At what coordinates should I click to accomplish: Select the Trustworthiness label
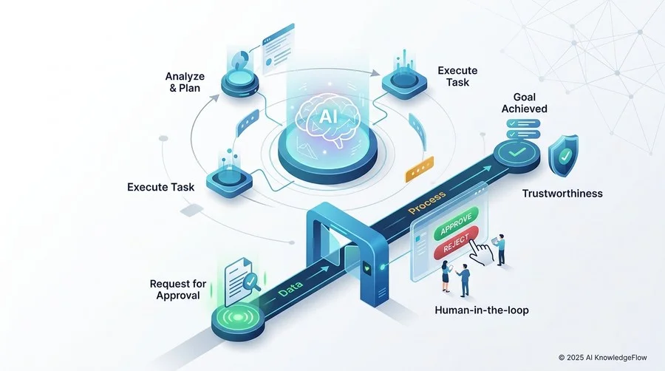(x=562, y=194)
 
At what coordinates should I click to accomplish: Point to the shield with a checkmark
(x=563, y=156)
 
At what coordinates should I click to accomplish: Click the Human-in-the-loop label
(x=482, y=310)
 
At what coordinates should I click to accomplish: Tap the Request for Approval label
(x=178, y=290)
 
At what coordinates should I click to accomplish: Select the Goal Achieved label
(x=524, y=103)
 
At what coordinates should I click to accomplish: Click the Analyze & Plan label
(x=185, y=82)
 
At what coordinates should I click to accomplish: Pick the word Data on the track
(x=290, y=288)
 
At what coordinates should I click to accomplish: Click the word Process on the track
(x=426, y=202)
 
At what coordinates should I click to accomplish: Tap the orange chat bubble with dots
(x=420, y=169)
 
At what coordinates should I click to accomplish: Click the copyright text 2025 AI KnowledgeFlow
(x=603, y=358)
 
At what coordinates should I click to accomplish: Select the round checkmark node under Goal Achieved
(x=517, y=154)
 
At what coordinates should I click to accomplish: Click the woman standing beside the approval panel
(x=446, y=276)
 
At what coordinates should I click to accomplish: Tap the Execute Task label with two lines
(x=457, y=76)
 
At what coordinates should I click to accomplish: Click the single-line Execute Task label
(x=161, y=187)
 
